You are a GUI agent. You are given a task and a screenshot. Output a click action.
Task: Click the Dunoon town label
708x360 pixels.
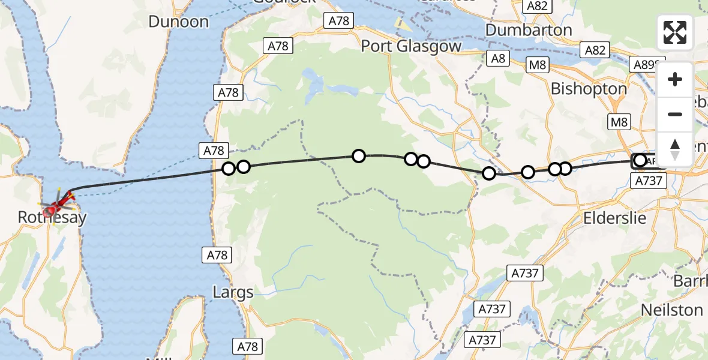tap(179, 22)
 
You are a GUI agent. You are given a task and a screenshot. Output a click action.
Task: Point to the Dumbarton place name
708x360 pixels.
tap(528, 30)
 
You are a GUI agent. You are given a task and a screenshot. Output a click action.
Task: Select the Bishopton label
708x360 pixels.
tap(589, 89)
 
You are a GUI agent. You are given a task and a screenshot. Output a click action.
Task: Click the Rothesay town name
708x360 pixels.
tap(52, 217)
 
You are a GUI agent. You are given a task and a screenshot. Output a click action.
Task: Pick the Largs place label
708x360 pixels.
tap(233, 293)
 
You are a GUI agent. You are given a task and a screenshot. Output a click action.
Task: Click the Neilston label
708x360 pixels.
tap(672, 310)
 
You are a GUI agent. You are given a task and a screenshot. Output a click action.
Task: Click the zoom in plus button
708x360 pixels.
tap(675, 79)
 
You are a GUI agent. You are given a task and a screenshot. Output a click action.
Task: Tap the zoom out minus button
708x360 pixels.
tap(675, 114)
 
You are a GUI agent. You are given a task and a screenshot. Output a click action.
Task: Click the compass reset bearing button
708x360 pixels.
tap(675, 149)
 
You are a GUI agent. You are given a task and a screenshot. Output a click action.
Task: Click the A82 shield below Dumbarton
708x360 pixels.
tap(595, 50)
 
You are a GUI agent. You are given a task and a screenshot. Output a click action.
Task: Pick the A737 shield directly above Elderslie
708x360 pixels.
tap(649, 180)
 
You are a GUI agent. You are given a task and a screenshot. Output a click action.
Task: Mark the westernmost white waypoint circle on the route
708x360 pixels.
tap(229, 169)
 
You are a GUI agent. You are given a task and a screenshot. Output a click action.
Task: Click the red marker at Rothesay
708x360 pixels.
tap(51, 209)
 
